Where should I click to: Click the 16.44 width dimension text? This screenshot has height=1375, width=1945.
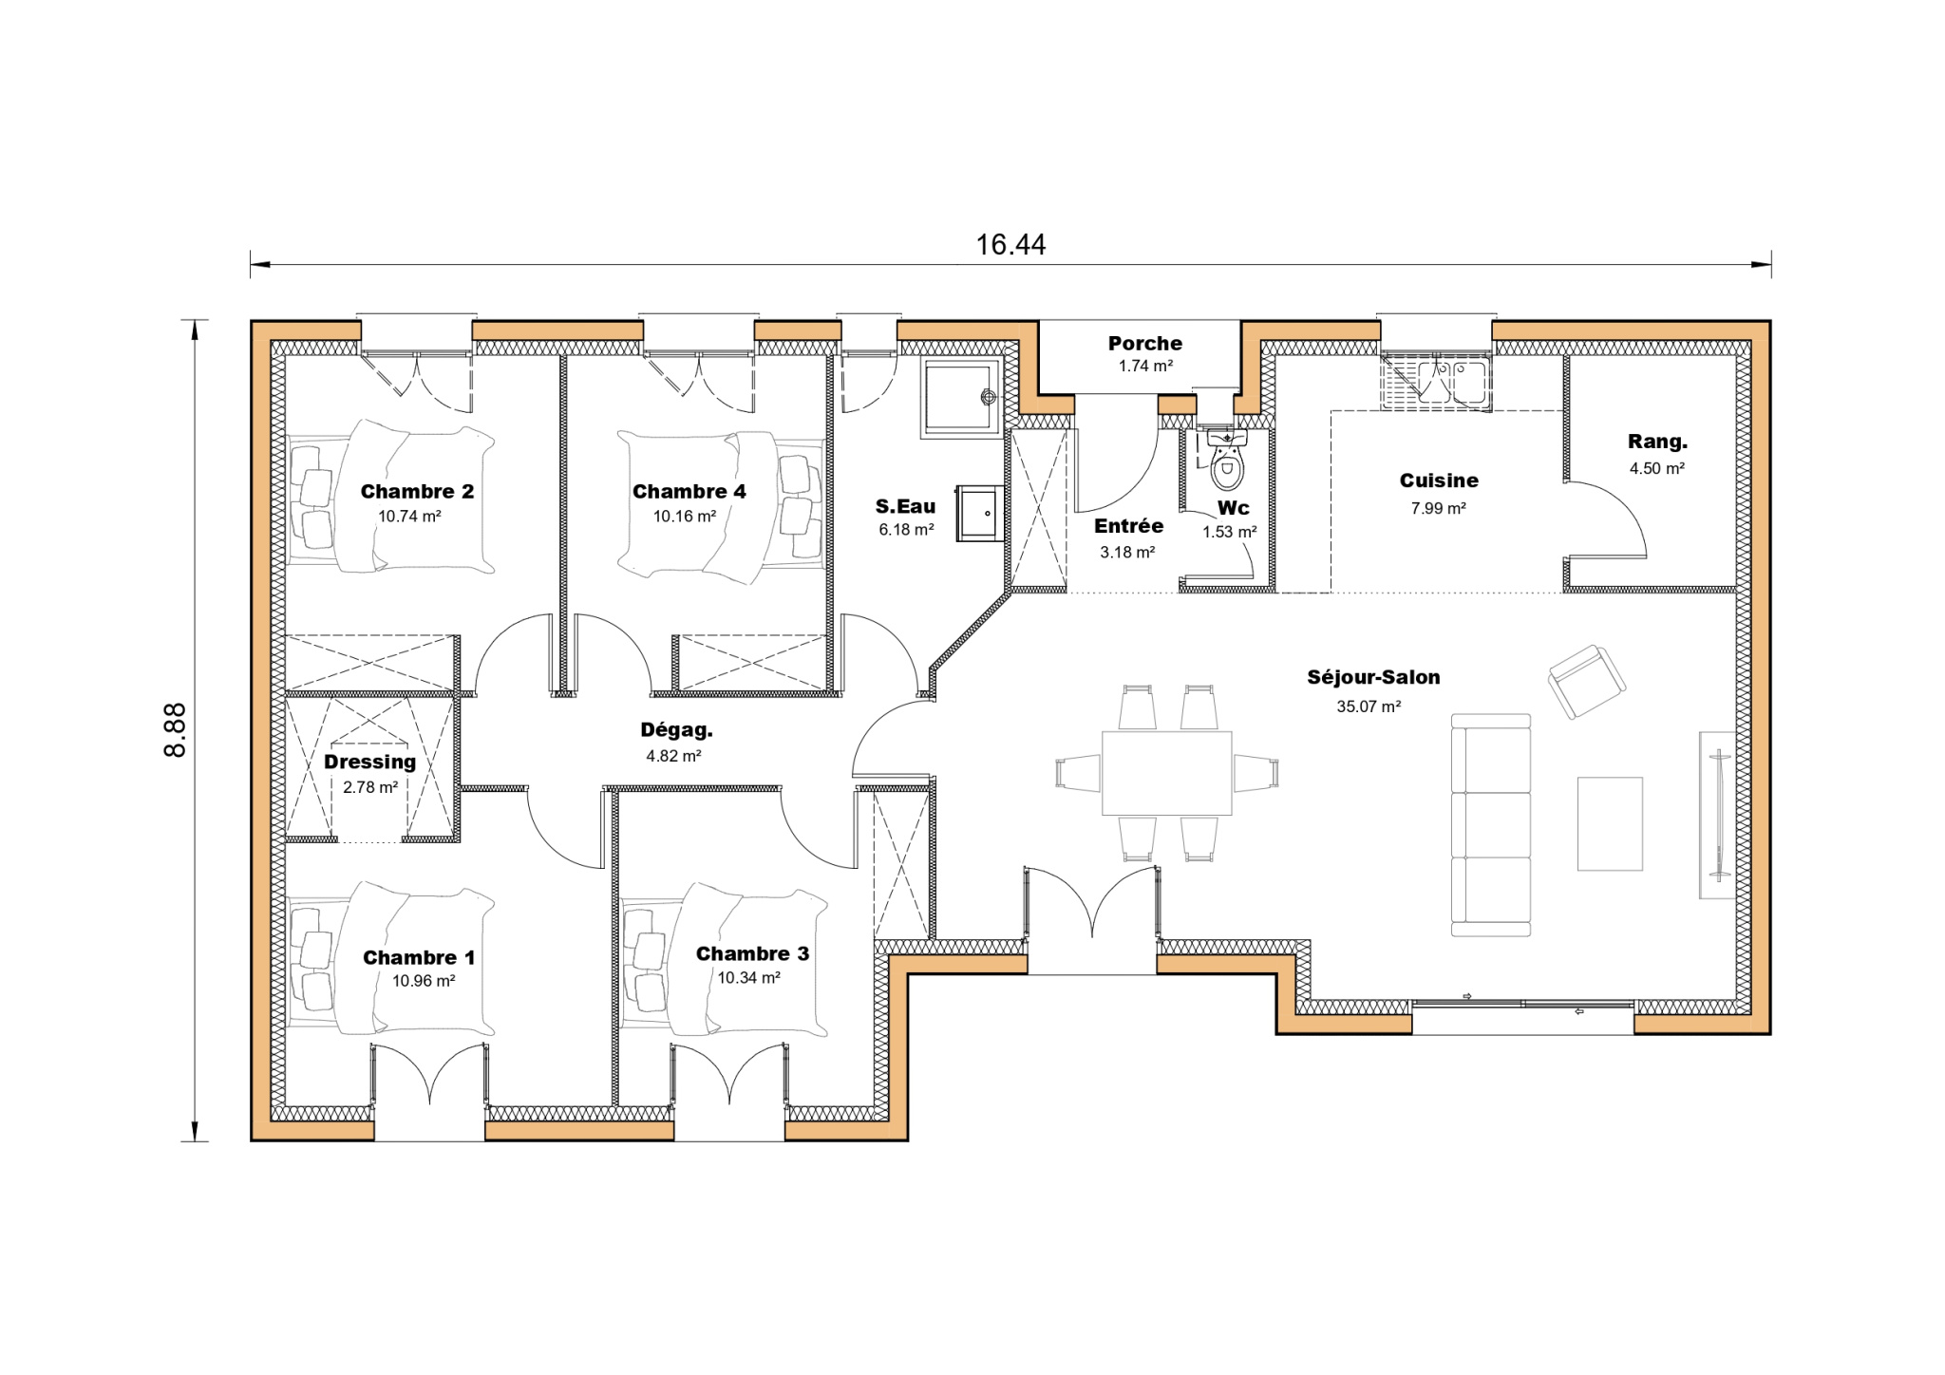tap(1010, 245)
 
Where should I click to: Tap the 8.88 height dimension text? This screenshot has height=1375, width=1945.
tap(175, 729)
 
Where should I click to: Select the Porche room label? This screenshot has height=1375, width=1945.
tap(1144, 343)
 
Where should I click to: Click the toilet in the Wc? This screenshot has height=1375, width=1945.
tap(1227, 458)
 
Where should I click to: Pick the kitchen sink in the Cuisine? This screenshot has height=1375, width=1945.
tap(1436, 383)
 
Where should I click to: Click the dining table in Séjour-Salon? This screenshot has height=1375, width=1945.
tap(1166, 772)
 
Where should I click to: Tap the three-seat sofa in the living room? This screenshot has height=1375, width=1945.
tap(1491, 825)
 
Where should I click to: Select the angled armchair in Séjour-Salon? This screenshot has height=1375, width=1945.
tap(1586, 681)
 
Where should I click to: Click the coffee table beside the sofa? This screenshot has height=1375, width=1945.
tap(1610, 823)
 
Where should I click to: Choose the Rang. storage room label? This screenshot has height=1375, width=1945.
tap(1657, 442)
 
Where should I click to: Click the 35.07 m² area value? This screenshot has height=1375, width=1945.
tap(1369, 706)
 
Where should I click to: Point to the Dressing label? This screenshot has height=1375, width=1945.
tap(369, 762)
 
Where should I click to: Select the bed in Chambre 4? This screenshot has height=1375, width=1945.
tap(720, 503)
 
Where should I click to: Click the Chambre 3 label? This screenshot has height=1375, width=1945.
tap(752, 953)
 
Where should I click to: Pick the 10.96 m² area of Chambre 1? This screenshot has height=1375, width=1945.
tap(424, 981)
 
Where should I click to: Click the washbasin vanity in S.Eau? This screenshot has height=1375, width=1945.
tap(979, 513)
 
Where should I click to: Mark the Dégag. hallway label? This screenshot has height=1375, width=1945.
tap(676, 730)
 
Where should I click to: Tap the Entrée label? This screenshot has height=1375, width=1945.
tap(1128, 526)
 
